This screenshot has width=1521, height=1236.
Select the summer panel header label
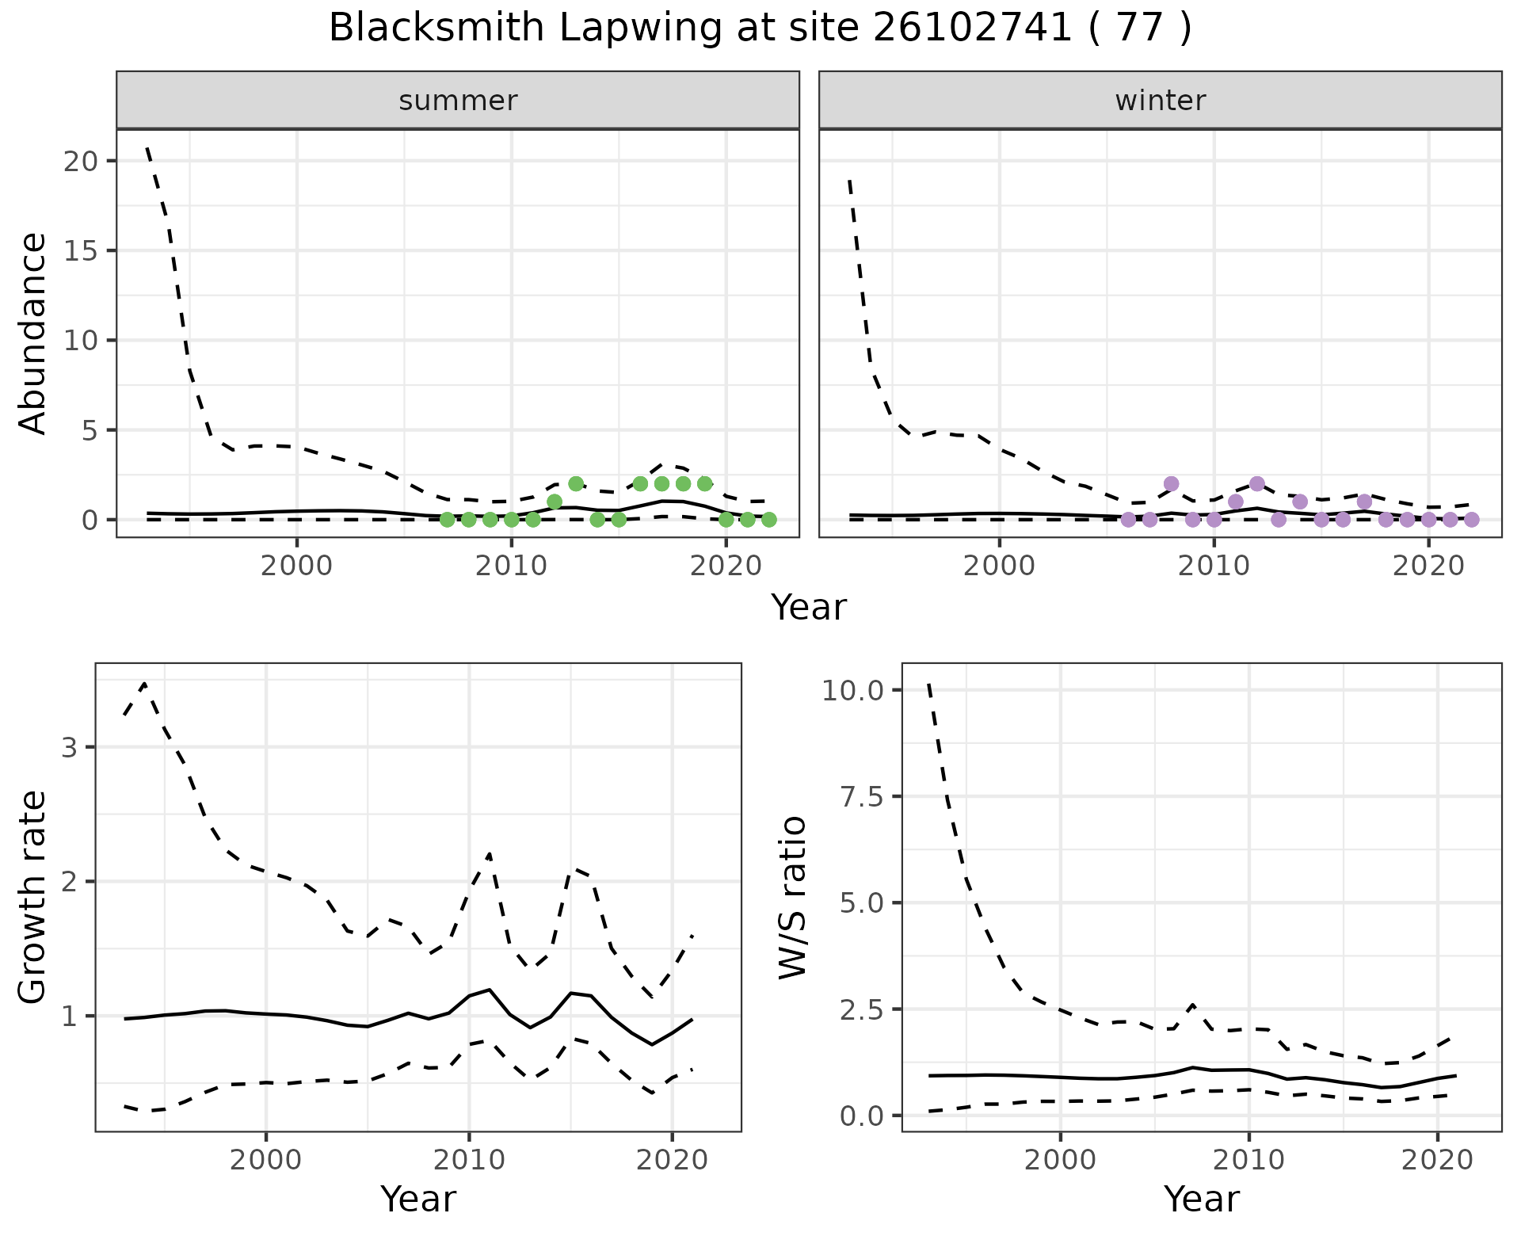pyautogui.click(x=458, y=101)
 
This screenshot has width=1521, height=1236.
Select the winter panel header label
pyautogui.click(x=1161, y=101)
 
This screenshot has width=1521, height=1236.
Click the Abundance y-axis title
pyautogui.click(x=33, y=334)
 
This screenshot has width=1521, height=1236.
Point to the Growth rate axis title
pyautogui.click(x=33, y=898)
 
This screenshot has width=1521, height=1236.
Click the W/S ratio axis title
pyautogui.click(x=792, y=898)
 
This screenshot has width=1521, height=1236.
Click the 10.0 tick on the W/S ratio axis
pyautogui.click(x=852, y=691)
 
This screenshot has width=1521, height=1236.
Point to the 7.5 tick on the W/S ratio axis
pyautogui.click(x=862, y=797)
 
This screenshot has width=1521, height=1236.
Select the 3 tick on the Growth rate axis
pyautogui.click(x=70, y=748)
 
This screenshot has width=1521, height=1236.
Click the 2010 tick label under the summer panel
pyautogui.click(x=512, y=566)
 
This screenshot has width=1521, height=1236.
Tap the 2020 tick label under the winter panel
pyautogui.click(x=1428, y=566)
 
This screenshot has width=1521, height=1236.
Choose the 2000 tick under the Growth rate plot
pyautogui.click(x=266, y=1161)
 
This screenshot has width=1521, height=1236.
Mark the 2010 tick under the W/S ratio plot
pyautogui.click(x=1248, y=1161)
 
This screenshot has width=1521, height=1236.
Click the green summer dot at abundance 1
pyautogui.click(x=555, y=502)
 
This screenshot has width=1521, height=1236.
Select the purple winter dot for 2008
pyautogui.click(x=1172, y=483)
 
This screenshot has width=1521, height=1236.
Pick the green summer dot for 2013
pyautogui.click(x=576, y=483)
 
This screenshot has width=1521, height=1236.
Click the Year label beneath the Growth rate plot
pyautogui.click(x=418, y=1200)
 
